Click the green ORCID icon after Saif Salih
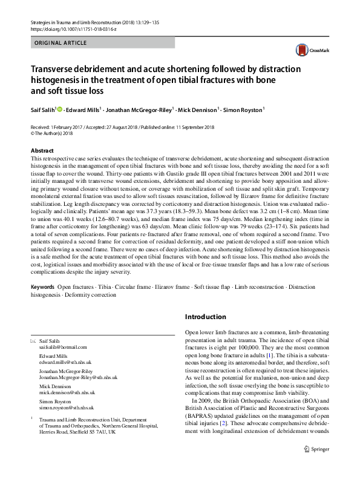[60, 109]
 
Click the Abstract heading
[42, 150]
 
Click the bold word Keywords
[43, 285]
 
